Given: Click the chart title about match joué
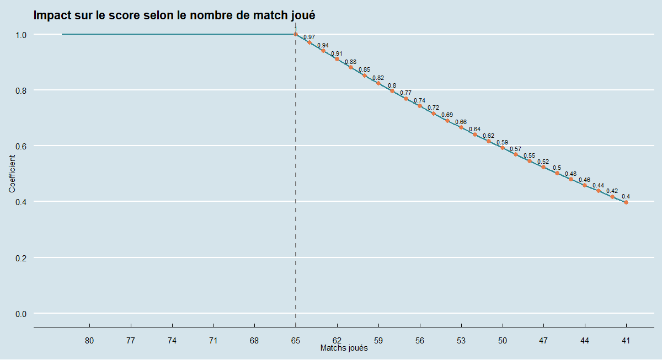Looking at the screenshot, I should coord(174,15).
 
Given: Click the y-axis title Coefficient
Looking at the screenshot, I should coord(12,174).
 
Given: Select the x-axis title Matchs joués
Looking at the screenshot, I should coord(344,348).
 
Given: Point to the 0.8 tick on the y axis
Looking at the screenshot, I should coord(20,90).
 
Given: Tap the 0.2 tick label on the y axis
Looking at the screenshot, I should coord(20,257).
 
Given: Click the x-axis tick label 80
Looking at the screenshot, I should coord(89,341).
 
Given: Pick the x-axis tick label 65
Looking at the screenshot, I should coord(296,341).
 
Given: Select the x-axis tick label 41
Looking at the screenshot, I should coord(626,341).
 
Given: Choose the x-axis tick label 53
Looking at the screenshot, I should coord(461,341).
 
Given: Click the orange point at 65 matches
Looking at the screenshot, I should coord(296,34).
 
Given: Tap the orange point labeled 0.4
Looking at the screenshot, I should coord(626,202).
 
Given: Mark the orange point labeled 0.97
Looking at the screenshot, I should coord(309,42).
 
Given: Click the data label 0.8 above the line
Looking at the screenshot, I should coord(392,86).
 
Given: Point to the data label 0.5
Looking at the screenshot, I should coord(557,168).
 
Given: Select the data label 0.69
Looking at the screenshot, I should coord(447,115).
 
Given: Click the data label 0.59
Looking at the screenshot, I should coord(502,143).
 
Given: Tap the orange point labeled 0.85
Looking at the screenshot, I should coord(365,76).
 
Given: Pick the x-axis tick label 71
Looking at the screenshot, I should coord(213,341).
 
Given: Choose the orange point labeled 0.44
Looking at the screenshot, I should coord(599,191).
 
